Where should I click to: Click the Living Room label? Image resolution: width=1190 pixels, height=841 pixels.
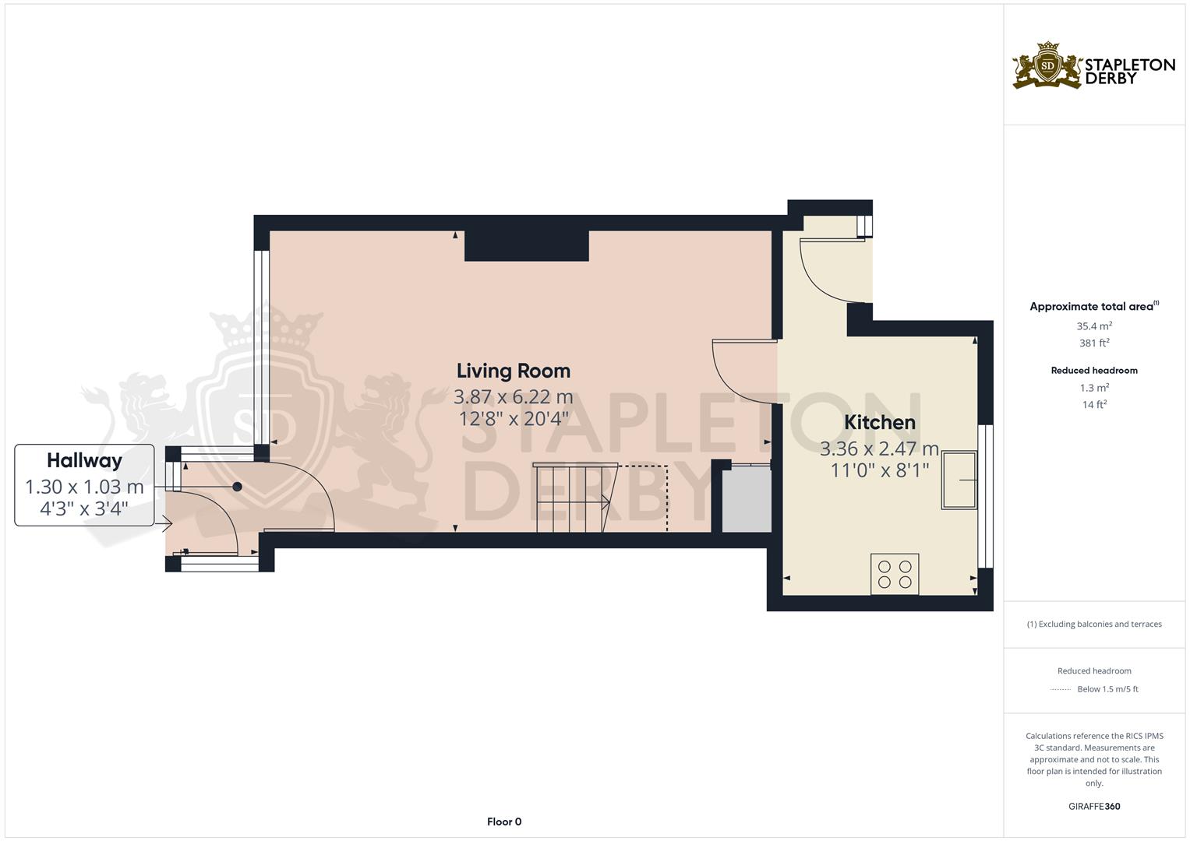point(513,371)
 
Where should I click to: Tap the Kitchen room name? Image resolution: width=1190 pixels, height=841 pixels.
point(879,422)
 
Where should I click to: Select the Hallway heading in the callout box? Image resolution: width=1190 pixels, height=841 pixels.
point(84,460)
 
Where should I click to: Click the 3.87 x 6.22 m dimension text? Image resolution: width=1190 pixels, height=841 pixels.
point(513,397)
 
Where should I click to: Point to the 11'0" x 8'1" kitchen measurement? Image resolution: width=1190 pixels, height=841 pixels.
point(879,470)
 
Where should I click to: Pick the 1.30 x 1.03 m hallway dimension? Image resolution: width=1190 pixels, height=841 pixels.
point(84,487)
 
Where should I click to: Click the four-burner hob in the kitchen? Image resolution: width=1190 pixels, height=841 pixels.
point(895,574)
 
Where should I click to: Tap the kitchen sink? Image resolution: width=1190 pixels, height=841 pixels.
point(959,480)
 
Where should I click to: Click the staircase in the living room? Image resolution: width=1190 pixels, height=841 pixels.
point(573,498)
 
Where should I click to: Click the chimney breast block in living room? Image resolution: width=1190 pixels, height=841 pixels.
point(526,245)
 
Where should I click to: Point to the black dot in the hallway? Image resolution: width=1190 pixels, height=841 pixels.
point(238,487)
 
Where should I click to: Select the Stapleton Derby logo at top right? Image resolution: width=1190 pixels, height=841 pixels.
point(1093,66)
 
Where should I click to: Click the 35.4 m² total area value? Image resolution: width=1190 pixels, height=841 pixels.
point(1093,326)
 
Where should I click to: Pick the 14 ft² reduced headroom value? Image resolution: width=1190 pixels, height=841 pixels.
point(1093,404)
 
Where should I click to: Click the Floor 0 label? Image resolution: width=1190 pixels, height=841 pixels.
point(504,822)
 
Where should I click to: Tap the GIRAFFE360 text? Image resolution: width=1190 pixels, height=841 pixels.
point(1093,806)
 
